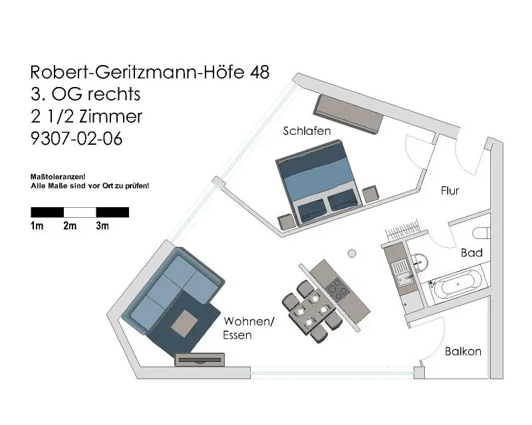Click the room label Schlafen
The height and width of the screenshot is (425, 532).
pyautogui.click(x=307, y=131)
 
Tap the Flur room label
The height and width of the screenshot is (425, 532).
pyautogui.click(x=450, y=191)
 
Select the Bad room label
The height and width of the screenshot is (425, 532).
pyautogui.click(x=471, y=253)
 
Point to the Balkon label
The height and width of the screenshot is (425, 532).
pyautogui.click(x=463, y=351)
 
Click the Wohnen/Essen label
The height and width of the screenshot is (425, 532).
pyautogui.click(x=249, y=327)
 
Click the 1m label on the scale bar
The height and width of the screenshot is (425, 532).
pyautogui.click(x=37, y=226)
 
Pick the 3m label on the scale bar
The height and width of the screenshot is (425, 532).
pyautogui.click(x=102, y=226)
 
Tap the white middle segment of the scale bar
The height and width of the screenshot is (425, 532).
pyautogui.click(x=80, y=212)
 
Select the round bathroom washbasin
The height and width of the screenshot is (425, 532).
pyautogui.click(x=419, y=262)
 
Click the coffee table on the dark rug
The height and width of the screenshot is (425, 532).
pyautogui.click(x=186, y=323)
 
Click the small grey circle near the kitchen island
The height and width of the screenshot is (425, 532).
pyautogui.click(x=352, y=253)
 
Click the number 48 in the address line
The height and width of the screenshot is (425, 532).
pyautogui.click(x=259, y=72)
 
